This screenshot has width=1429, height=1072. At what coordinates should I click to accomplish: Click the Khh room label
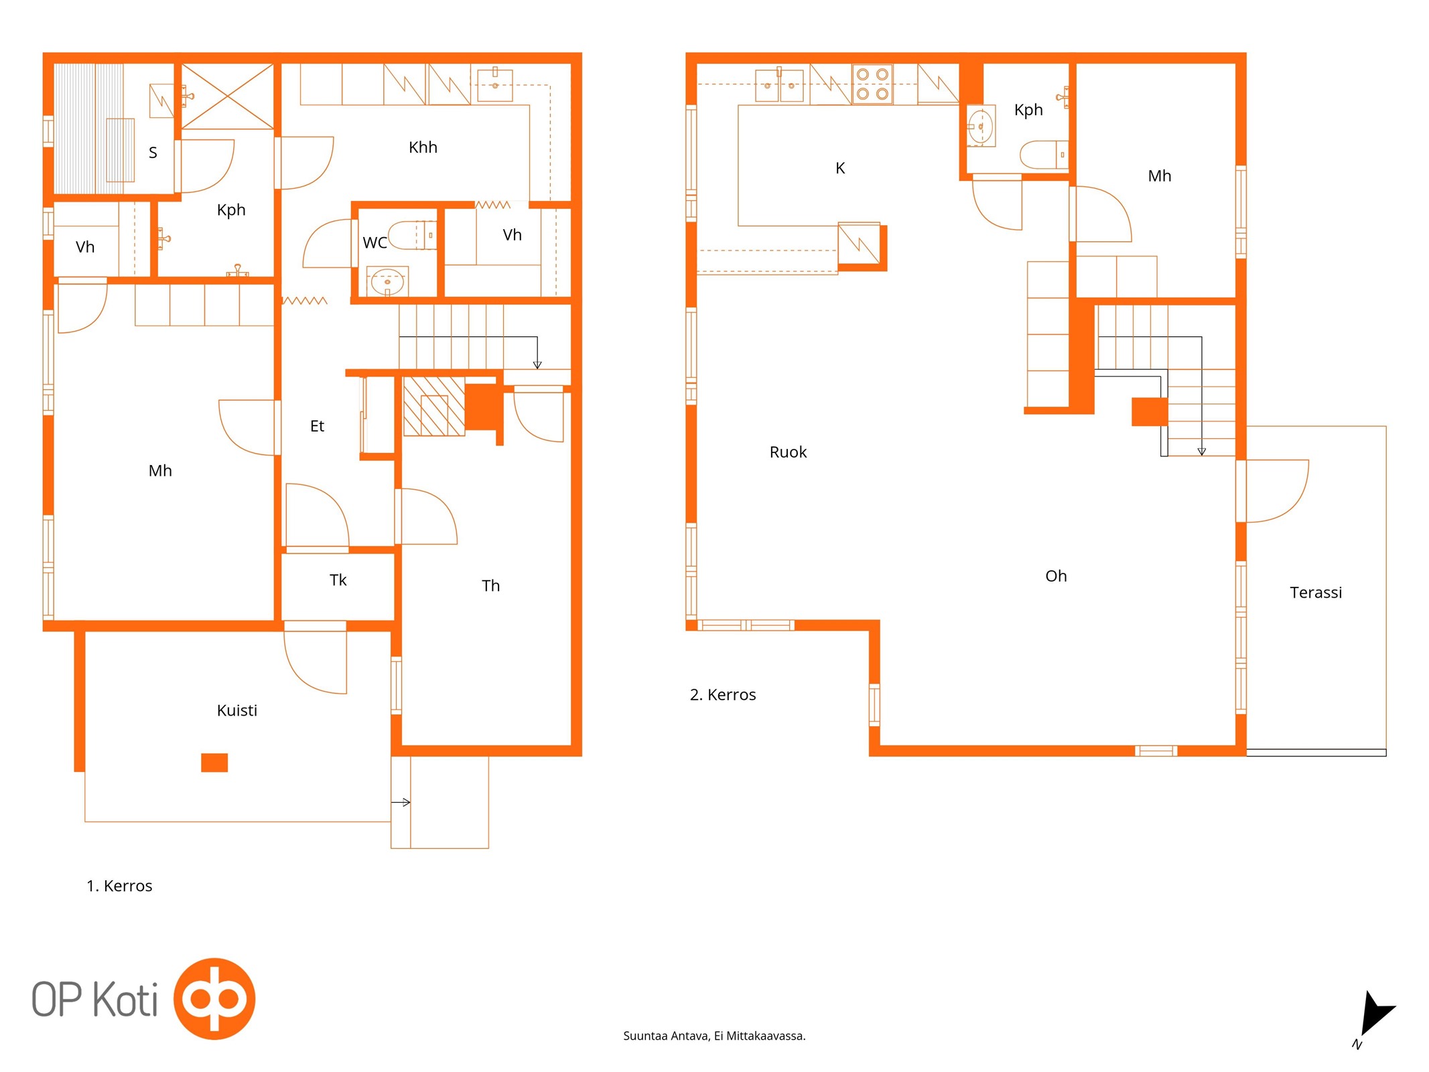(423, 147)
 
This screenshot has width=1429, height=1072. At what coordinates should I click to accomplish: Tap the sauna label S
(153, 153)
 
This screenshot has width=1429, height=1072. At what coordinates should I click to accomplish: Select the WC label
(375, 243)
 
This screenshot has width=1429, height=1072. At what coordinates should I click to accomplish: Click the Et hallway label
(317, 426)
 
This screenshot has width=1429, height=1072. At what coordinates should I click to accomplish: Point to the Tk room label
(338, 580)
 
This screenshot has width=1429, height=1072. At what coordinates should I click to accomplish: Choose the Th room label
(490, 586)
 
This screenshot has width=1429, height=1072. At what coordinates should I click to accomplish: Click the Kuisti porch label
(236, 710)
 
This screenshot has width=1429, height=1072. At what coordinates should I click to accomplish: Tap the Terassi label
(1316, 592)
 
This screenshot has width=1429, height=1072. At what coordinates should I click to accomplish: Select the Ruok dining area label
(788, 452)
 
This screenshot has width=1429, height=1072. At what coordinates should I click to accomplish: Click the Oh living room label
(1056, 576)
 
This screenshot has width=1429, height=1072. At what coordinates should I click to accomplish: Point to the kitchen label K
(840, 168)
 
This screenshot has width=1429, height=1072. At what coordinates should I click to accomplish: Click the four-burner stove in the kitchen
(872, 84)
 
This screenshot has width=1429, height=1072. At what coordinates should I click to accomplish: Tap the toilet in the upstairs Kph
(1044, 155)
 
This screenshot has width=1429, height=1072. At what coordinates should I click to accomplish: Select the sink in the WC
(387, 282)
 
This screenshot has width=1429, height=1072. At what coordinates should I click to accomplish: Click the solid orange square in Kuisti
(214, 762)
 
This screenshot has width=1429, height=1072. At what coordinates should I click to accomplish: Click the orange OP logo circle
(214, 998)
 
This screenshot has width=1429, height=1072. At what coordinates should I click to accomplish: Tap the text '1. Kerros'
(119, 886)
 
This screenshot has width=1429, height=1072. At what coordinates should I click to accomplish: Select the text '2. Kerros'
(723, 695)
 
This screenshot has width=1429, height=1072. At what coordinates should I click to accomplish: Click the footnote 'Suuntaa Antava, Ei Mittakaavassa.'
(714, 1036)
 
